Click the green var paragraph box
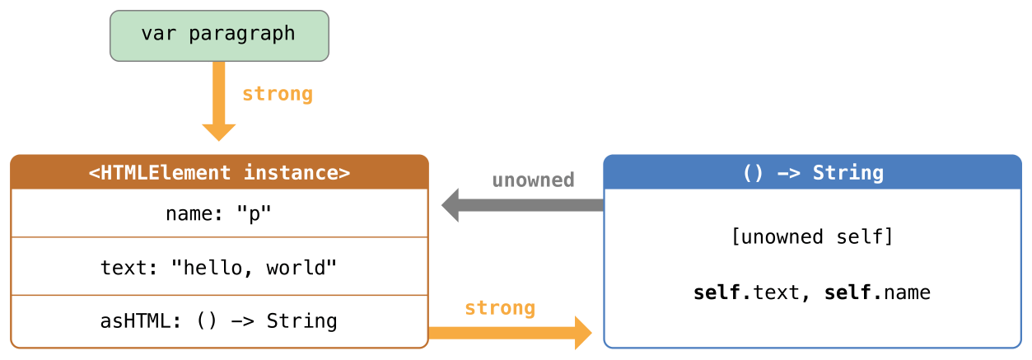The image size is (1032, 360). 219,35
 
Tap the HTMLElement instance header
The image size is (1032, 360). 219,172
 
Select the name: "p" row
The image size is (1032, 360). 219,214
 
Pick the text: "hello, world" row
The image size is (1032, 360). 219,267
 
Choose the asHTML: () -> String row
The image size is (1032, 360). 219,320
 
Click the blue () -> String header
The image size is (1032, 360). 812,172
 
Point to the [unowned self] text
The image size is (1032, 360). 812,237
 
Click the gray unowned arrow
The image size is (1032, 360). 527,205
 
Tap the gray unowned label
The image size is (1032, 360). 533,180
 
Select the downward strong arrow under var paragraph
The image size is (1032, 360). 219,99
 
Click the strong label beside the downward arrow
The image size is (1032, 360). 278,94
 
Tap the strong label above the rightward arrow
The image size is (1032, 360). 500,308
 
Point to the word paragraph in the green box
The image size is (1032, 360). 241,34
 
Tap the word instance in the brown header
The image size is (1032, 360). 297,172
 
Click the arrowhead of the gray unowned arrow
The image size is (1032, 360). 451,205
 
